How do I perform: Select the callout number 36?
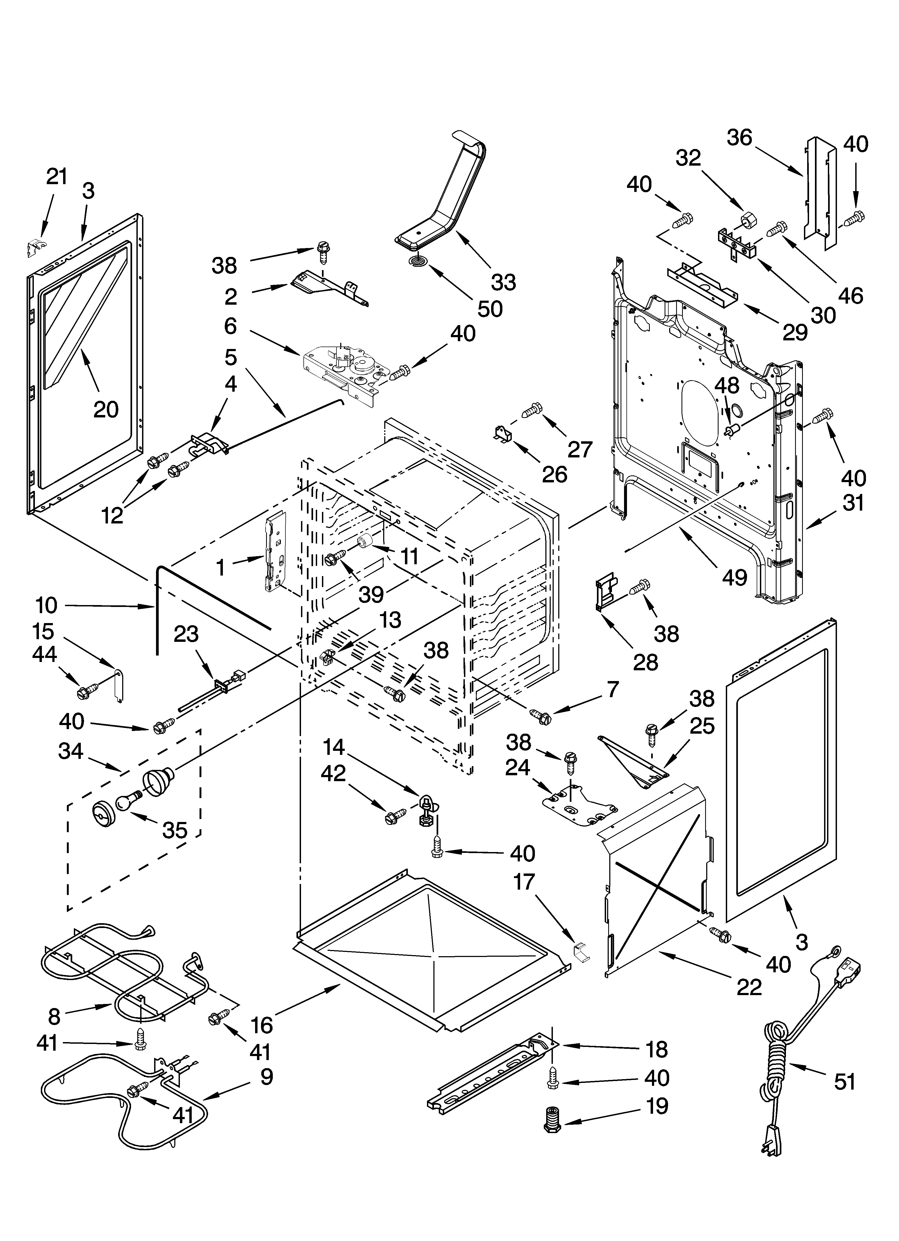(739, 137)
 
